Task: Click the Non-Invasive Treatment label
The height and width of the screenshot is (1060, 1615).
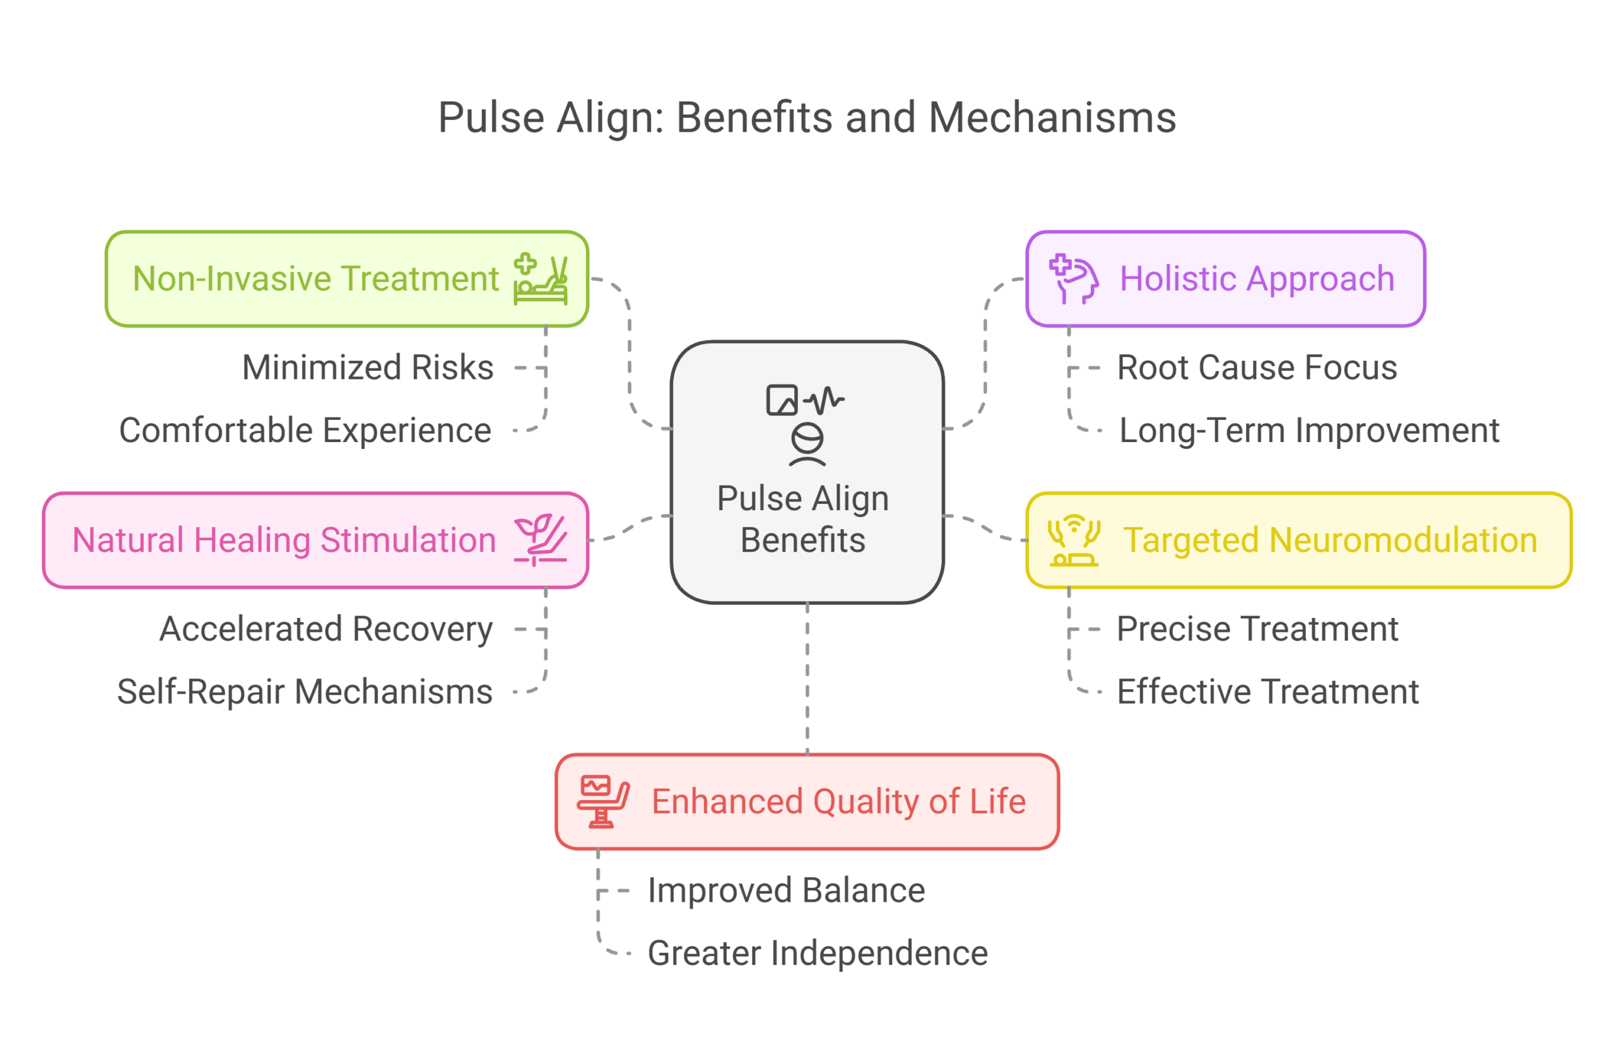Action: tap(315, 279)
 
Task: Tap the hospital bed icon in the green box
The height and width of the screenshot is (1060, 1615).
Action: tap(541, 279)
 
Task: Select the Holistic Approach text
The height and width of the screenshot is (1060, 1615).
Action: tap(1257, 279)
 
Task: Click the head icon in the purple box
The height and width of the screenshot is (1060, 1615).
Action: tap(1074, 279)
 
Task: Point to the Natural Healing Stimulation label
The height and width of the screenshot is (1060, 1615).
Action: tap(284, 540)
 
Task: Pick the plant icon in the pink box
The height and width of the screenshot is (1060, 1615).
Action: tap(540, 540)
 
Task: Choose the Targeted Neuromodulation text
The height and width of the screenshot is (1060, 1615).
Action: tap(1330, 540)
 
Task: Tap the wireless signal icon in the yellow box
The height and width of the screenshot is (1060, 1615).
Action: tap(1074, 541)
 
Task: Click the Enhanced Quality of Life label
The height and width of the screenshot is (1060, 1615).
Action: tap(838, 801)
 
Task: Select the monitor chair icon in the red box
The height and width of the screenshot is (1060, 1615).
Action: tap(602, 801)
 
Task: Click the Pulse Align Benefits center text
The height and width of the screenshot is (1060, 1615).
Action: tap(804, 520)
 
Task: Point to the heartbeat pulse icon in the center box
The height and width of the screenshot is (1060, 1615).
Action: tap(824, 400)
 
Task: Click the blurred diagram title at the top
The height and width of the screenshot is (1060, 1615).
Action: tap(807, 120)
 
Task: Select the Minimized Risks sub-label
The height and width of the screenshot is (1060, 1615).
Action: tap(367, 369)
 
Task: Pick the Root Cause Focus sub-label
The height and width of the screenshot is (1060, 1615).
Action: tap(1259, 369)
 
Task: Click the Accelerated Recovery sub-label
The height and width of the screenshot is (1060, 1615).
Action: tap(324, 630)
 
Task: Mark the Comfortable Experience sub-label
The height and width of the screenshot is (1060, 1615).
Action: tap(305, 431)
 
